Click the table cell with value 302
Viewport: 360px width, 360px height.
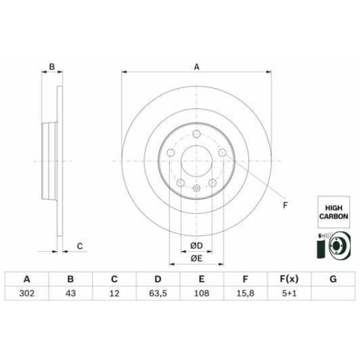(x=27, y=293)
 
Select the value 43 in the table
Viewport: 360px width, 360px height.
(x=70, y=293)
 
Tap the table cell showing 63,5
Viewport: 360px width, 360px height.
(x=158, y=293)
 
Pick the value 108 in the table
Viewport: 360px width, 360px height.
(x=202, y=293)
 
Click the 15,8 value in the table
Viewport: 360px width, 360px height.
(x=246, y=293)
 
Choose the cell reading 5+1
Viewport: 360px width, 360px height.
(x=290, y=293)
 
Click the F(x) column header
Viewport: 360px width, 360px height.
(x=290, y=279)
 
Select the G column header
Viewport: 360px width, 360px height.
(x=333, y=279)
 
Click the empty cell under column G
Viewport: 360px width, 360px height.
(x=333, y=293)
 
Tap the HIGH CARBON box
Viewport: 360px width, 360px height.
(x=334, y=212)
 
